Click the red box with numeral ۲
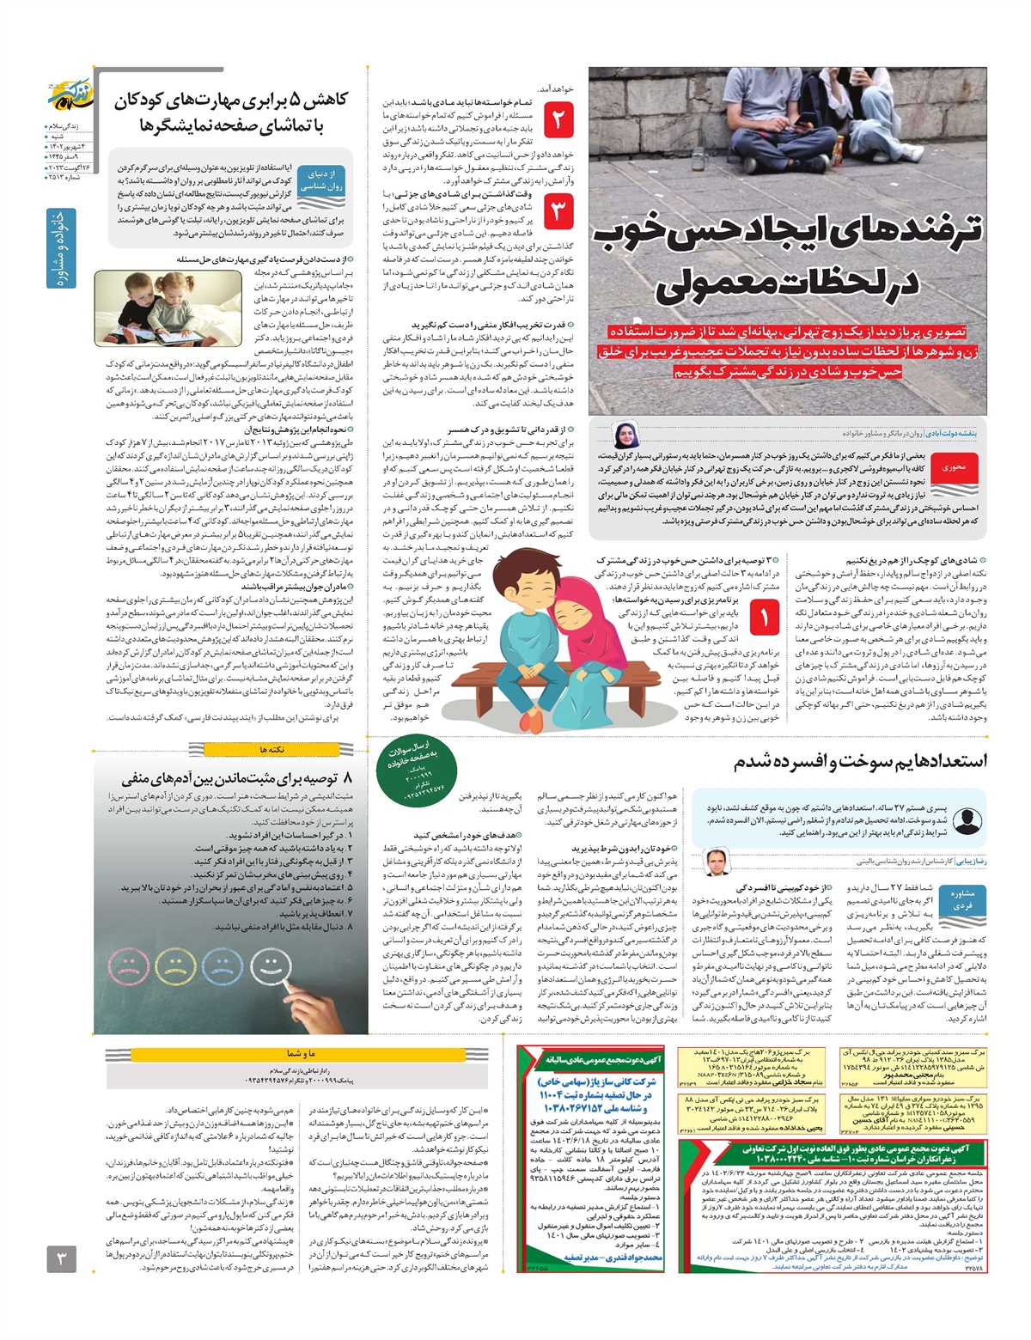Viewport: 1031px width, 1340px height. click(x=558, y=119)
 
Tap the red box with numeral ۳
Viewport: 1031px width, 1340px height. click(x=558, y=211)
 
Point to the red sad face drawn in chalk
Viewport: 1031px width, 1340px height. click(x=129, y=971)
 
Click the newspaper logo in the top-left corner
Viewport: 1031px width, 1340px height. click(x=68, y=101)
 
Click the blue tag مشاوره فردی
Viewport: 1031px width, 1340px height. click(x=962, y=899)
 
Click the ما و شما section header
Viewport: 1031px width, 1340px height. click(x=301, y=1053)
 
